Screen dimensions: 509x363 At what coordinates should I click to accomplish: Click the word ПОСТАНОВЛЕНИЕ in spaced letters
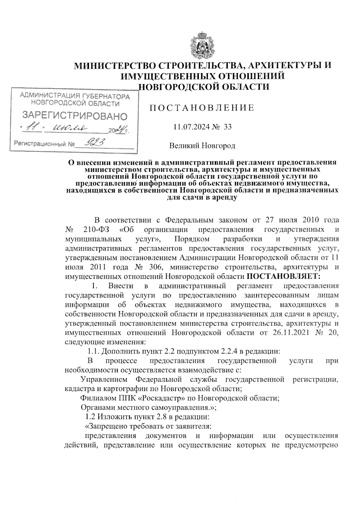coord(202,108)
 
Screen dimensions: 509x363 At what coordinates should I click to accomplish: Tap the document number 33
coord(227,127)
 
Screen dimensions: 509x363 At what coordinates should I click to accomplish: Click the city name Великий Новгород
coord(202,146)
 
